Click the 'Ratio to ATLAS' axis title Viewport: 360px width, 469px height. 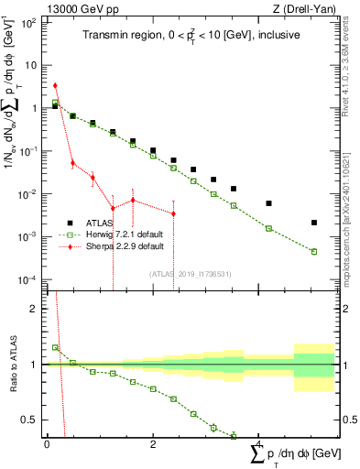pyautogui.click(x=14, y=364)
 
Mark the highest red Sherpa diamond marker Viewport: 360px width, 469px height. pyautogui.click(x=55, y=85)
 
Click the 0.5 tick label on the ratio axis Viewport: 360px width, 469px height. pyautogui.click(x=31, y=420)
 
